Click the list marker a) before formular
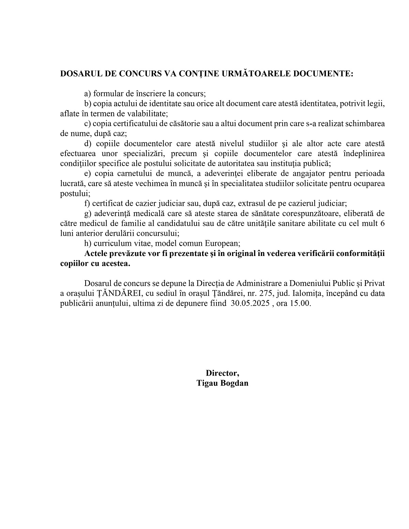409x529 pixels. click(88, 94)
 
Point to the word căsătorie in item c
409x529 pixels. click(182, 123)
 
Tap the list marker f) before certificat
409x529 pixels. click(87, 203)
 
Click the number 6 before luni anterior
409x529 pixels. click(382, 224)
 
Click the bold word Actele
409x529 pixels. click(96, 254)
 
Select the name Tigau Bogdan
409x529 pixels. click(222, 383)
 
